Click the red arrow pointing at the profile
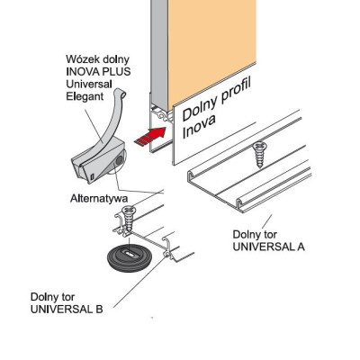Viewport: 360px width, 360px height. click(151, 137)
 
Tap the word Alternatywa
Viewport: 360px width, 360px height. click(99, 198)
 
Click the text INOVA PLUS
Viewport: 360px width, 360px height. click(98, 71)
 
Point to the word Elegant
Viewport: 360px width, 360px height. click(85, 96)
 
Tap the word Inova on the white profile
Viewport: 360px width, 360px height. click(199, 126)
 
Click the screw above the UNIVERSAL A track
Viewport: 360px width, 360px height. click(258, 155)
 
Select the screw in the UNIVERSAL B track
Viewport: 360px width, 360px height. click(129, 218)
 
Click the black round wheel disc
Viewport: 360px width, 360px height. click(129, 257)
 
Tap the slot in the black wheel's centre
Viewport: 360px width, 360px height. click(130, 254)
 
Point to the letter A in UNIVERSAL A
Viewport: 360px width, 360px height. click(301, 247)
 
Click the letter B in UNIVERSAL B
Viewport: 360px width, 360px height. click(99, 309)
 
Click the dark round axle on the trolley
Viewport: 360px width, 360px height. click(120, 160)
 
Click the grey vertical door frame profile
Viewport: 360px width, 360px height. click(159, 54)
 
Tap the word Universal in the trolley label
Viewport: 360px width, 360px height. click(89, 84)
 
